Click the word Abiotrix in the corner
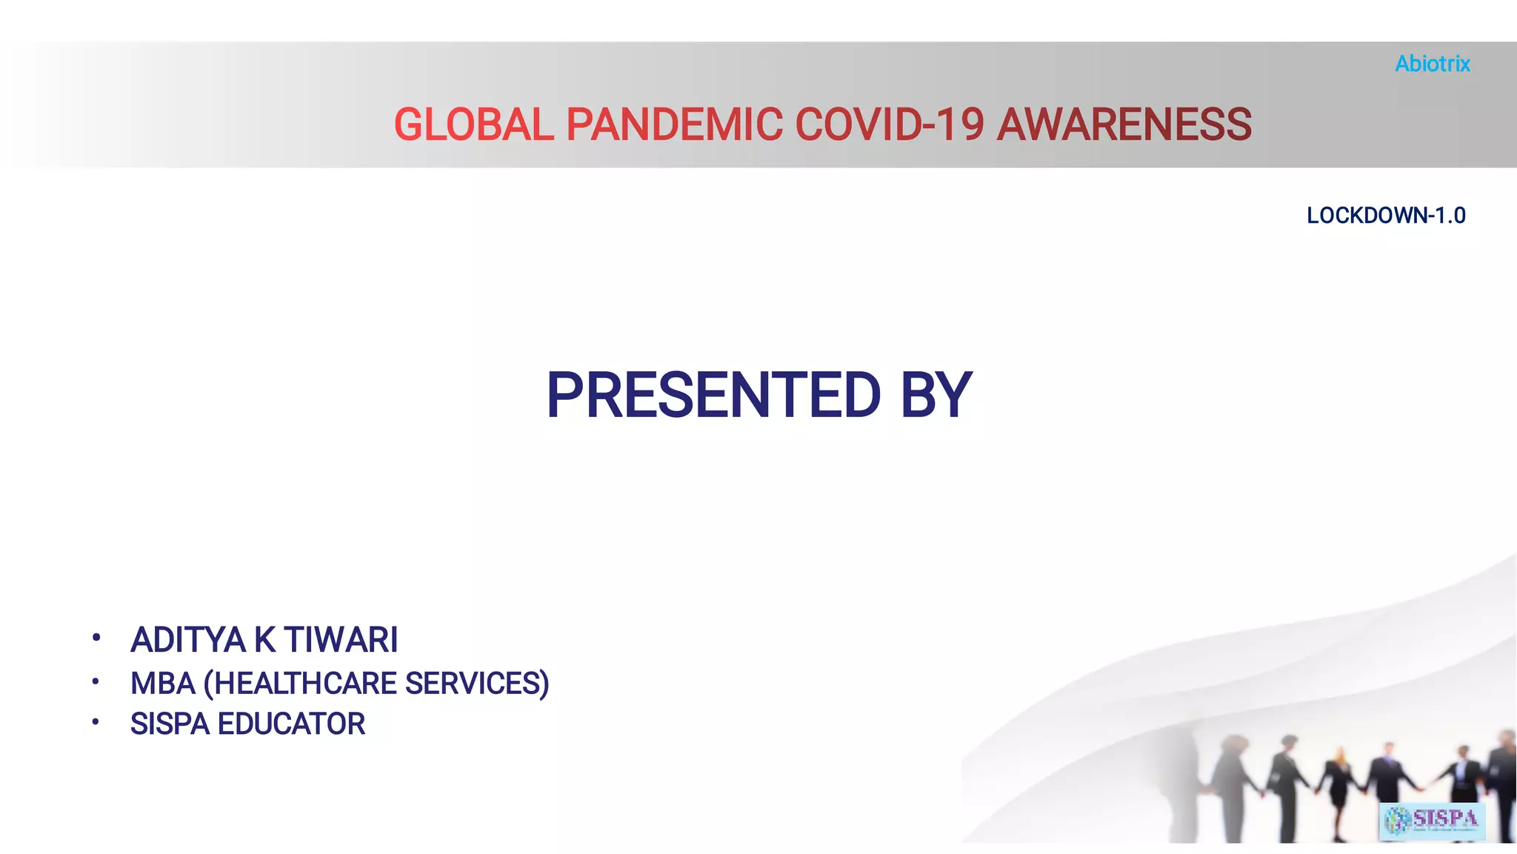(1432, 64)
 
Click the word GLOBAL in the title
(473, 124)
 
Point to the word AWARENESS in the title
(1124, 124)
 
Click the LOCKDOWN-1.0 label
(1385, 216)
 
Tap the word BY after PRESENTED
(936, 396)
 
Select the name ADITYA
(187, 640)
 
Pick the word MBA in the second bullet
(162, 684)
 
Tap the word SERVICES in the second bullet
(477, 684)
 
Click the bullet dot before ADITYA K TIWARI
(96, 638)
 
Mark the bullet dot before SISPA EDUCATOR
(96, 721)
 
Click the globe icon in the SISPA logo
(1398, 821)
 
